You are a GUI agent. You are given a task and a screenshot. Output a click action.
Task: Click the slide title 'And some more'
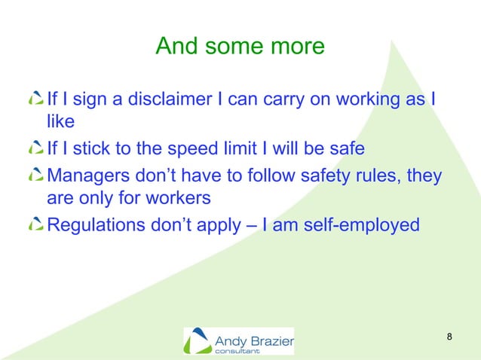(x=240, y=47)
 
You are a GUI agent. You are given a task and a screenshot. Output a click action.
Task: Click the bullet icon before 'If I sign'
(x=35, y=99)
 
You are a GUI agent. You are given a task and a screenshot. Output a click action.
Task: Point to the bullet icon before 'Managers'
(x=35, y=176)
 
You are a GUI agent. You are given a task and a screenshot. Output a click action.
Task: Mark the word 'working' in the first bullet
(x=369, y=99)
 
